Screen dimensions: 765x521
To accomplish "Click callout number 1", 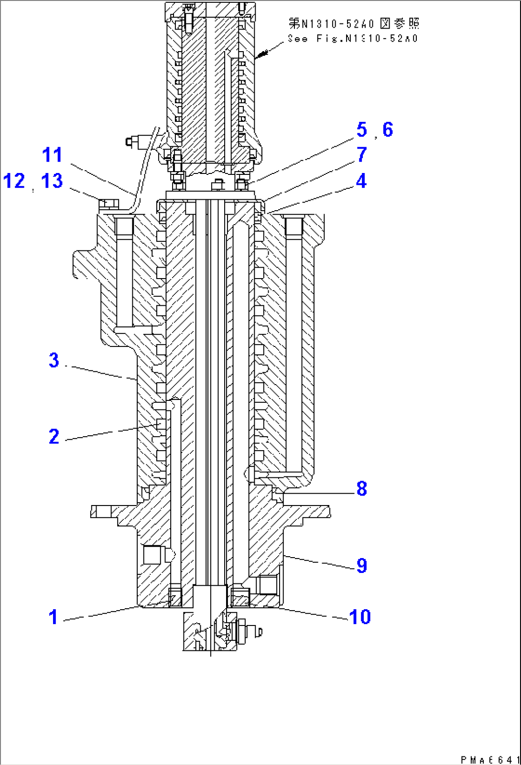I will [x=53, y=617].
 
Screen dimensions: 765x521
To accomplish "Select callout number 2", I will [x=54, y=436].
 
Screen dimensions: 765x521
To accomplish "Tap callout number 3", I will [x=54, y=360].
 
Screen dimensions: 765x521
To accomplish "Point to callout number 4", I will [x=361, y=181].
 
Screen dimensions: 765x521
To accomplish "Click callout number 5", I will [x=362, y=129].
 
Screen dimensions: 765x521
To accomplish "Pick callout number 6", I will [x=388, y=129].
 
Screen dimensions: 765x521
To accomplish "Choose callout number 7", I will [x=362, y=154].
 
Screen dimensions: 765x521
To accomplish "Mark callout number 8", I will [x=362, y=489].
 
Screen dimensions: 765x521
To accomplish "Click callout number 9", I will [x=362, y=566].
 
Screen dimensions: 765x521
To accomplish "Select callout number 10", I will [x=360, y=617].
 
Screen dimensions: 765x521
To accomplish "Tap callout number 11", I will [x=52, y=155].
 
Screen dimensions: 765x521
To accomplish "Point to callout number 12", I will [x=14, y=181].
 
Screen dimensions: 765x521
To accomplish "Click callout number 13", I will [x=52, y=181].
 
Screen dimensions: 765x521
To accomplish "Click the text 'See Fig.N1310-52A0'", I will [x=353, y=39].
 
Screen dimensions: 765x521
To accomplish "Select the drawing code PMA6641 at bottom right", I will [x=490, y=759].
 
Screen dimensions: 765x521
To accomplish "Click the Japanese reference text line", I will [x=354, y=23].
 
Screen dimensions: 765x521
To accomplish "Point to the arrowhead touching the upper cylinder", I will [x=259, y=56].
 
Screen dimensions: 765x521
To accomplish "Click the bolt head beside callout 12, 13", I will [x=109, y=204].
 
